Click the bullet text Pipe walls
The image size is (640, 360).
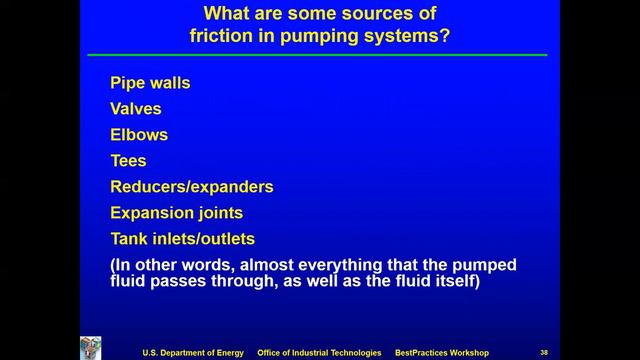pos(150,83)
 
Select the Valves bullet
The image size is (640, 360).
pos(135,109)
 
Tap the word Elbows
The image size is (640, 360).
pos(139,135)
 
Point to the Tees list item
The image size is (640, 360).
pos(128,161)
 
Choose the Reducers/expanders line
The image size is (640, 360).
pos(191,187)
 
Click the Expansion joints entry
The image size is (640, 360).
pos(176,213)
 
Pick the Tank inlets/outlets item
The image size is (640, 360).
pos(182,239)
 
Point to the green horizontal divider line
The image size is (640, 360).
pos(318,55)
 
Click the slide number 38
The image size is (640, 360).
pos(544,352)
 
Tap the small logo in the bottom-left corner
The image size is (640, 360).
pos(91,348)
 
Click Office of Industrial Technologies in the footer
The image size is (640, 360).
pos(319,352)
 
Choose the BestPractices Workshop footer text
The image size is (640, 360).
pos(441,352)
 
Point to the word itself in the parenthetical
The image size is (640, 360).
pos(454,282)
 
